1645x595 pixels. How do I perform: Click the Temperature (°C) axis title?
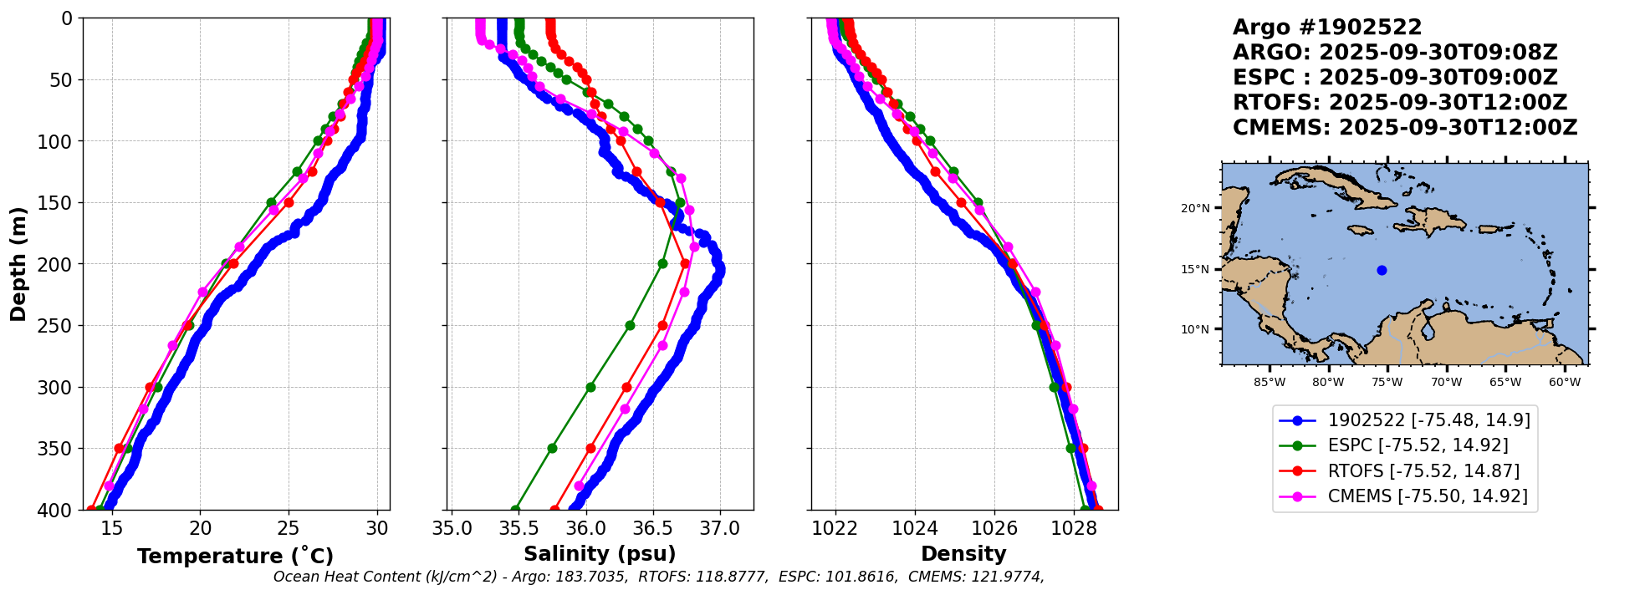(x=235, y=557)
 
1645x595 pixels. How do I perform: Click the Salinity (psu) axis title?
(x=600, y=554)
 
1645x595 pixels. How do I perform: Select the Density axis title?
(x=963, y=554)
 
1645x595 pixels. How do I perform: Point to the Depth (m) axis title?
(x=18, y=264)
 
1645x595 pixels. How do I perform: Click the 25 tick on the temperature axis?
(x=289, y=528)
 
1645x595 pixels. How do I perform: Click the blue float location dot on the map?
(x=1382, y=270)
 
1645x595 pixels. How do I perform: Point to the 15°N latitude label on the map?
(x=1195, y=269)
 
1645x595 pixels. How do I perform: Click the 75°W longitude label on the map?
(x=1387, y=383)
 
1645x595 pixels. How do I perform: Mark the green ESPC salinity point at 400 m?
(x=515, y=510)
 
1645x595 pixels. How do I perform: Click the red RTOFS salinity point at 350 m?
(x=590, y=449)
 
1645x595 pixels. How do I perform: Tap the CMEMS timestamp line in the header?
(x=1405, y=128)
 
